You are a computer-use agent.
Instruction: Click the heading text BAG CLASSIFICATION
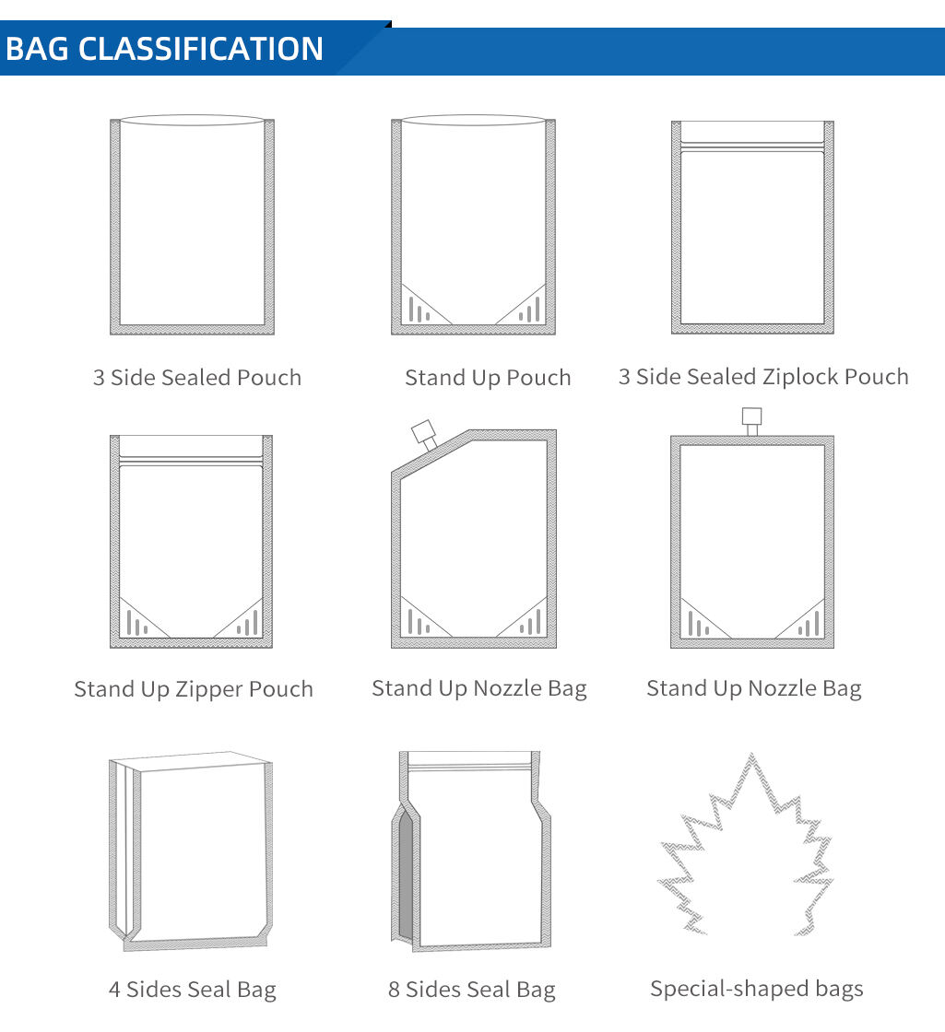click(x=164, y=49)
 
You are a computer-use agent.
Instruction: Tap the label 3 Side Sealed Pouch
click(x=197, y=377)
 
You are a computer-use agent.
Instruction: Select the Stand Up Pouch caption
click(x=488, y=378)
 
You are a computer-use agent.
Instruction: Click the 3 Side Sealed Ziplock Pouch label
click(x=763, y=377)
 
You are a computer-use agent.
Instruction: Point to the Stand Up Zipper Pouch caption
click(x=194, y=689)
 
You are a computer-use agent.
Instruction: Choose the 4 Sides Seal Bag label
click(x=193, y=990)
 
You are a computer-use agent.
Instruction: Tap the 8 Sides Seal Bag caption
click(x=471, y=990)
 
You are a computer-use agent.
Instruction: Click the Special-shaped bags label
click(x=757, y=989)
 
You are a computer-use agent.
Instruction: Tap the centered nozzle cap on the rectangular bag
click(x=752, y=416)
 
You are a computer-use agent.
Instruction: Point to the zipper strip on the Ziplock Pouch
click(x=752, y=147)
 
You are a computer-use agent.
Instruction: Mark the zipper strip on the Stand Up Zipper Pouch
click(x=191, y=461)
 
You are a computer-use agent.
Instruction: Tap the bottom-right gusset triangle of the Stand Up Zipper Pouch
click(x=241, y=618)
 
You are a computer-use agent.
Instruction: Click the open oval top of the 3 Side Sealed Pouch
click(x=193, y=120)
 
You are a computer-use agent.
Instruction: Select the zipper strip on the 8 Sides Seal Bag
click(x=469, y=768)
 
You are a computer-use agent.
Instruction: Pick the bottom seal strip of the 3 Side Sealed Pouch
click(x=193, y=329)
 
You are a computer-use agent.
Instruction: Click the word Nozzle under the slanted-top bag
click(x=508, y=688)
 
